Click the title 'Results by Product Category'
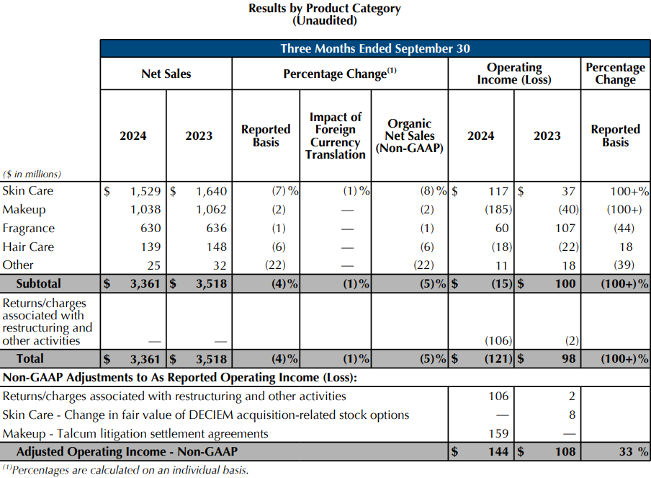tap(325, 9)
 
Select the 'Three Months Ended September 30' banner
tap(375, 48)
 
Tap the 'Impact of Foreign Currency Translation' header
tap(336, 136)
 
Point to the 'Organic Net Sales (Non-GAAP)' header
tap(409, 136)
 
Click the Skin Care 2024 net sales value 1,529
tap(145, 191)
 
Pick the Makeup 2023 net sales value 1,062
tap(211, 210)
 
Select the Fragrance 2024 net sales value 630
tap(151, 229)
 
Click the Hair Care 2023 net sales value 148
tap(216, 247)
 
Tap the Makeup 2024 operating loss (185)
tap(498, 210)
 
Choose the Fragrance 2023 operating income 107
tap(565, 229)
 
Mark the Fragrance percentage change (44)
tap(624, 229)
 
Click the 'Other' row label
tap(18, 265)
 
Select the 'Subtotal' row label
tap(39, 284)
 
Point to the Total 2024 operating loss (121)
tap(498, 359)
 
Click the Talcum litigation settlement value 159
tap(498, 433)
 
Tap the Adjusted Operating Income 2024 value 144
tap(498, 452)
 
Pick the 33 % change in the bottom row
tap(634, 452)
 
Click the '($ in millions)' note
tap(32, 174)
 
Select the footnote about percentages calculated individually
tap(126, 470)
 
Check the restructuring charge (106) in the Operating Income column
tap(498, 341)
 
